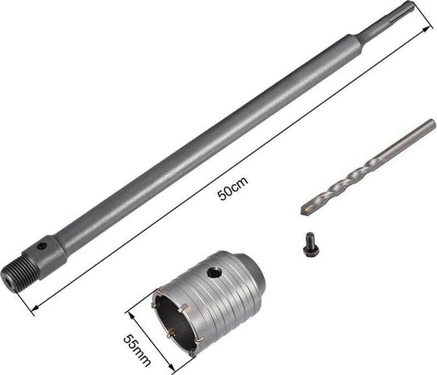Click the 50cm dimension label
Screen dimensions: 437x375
tap(233, 188)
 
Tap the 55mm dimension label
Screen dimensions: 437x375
tap(137, 350)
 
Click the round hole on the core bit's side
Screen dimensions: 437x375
tap(214, 272)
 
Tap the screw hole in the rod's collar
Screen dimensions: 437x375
tap(42, 246)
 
